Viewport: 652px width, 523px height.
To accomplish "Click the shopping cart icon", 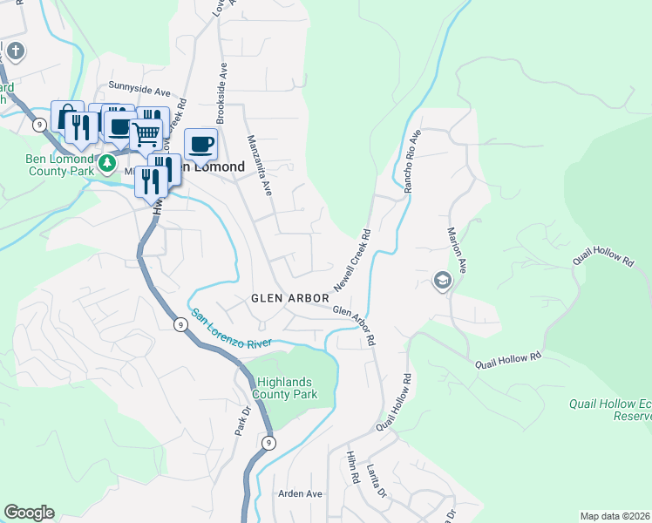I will [146, 134].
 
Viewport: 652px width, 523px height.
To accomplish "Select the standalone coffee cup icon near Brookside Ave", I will [200, 144].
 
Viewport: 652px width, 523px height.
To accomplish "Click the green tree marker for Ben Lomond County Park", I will [107, 162].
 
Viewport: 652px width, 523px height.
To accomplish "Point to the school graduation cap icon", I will [443, 280].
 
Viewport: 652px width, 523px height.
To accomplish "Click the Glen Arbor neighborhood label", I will [290, 298].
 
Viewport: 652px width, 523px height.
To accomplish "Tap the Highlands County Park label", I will [285, 389].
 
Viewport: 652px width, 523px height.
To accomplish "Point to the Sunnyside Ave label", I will [139, 88].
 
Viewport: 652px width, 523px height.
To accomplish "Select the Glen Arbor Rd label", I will [354, 323].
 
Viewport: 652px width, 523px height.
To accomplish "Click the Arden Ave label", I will [300, 493].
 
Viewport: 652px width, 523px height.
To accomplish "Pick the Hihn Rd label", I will [353, 468].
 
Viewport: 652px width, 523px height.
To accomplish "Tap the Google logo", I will [29, 513].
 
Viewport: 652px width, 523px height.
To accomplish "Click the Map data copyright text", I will [615, 516].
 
